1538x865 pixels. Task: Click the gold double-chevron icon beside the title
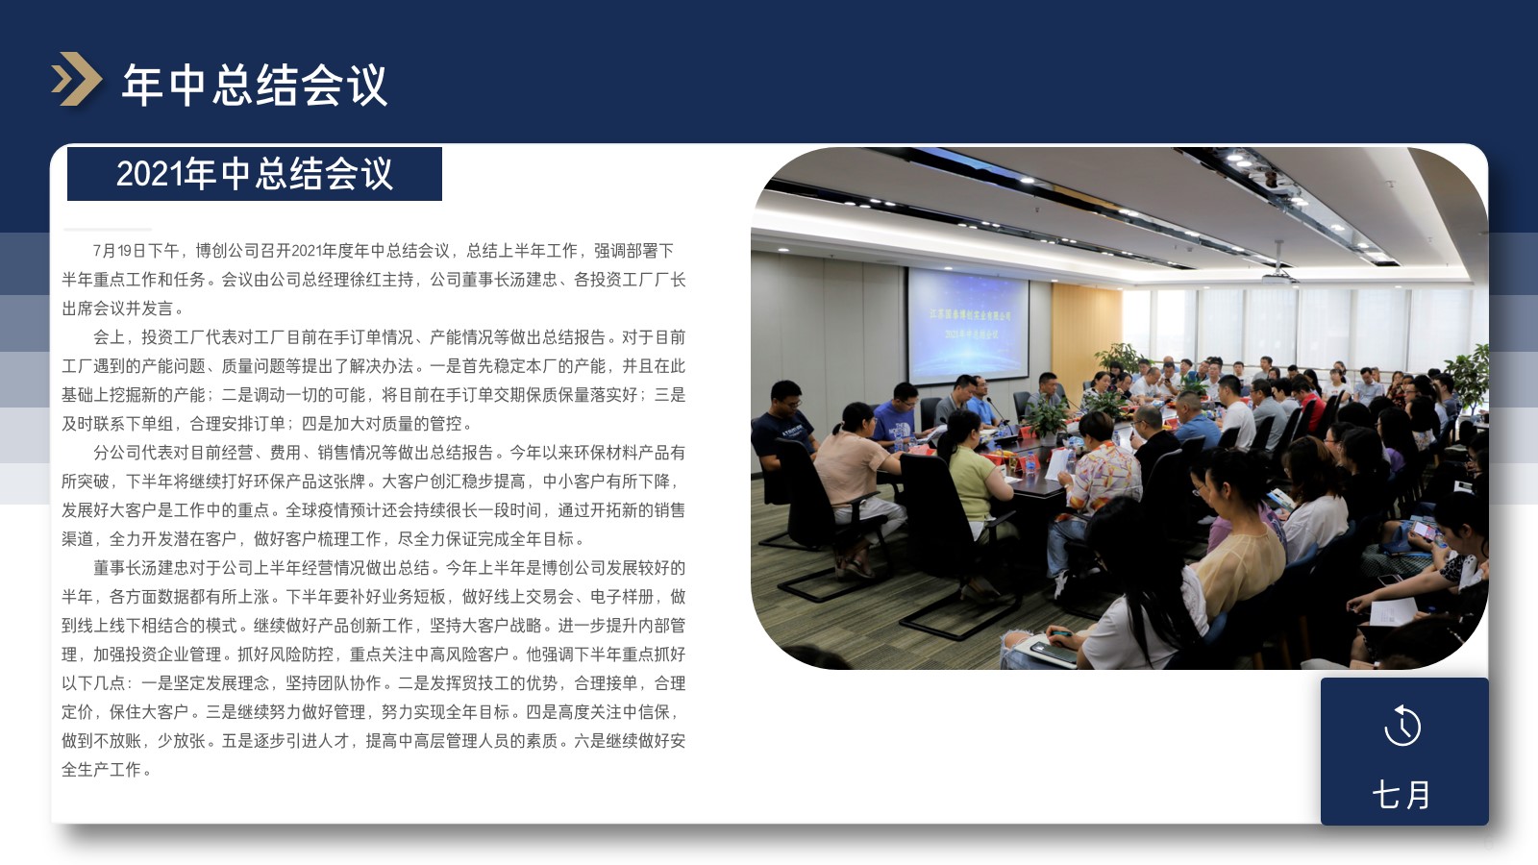pos(76,79)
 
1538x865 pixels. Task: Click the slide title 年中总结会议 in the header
pos(255,86)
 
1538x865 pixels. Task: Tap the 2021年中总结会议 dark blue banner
pos(254,174)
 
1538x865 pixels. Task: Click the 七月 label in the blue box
pos(1402,795)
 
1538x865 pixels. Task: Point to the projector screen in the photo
pos(968,324)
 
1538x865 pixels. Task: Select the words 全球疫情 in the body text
pos(316,510)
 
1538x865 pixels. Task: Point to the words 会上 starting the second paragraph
pos(110,337)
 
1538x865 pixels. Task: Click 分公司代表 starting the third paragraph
pos(133,453)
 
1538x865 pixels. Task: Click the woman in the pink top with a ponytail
pos(855,481)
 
